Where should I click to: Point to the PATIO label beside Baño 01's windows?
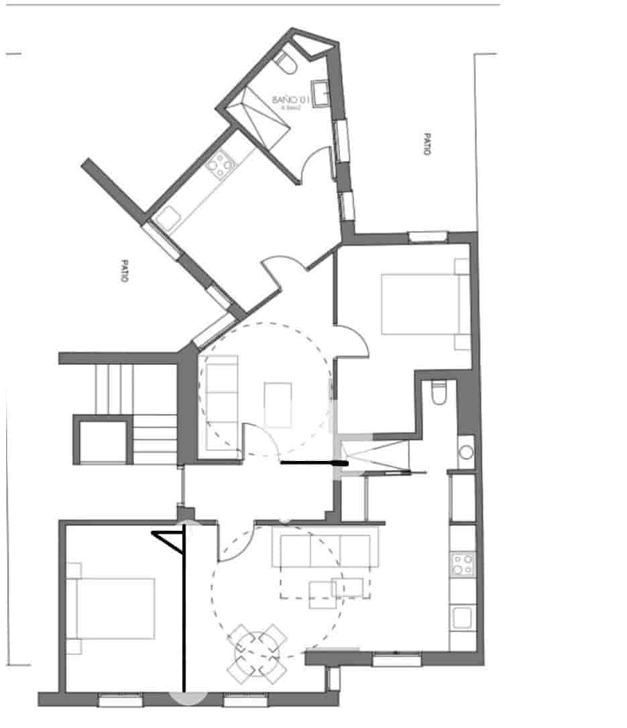(425, 144)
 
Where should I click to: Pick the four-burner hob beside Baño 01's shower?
(221, 164)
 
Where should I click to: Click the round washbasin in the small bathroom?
(466, 451)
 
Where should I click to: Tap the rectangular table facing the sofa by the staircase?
(278, 405)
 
